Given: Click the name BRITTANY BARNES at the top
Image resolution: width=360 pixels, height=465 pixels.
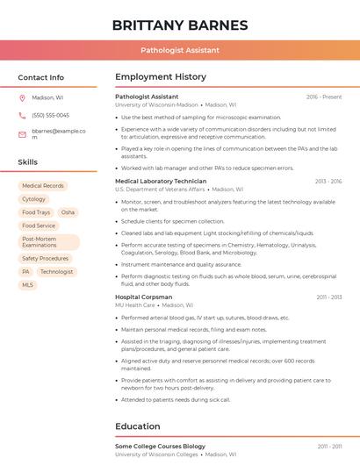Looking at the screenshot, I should point(180,25).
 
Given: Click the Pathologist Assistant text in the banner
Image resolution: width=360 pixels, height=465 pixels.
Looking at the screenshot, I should point(180,50).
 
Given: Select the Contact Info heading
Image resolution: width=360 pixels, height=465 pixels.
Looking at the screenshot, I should point(41,77).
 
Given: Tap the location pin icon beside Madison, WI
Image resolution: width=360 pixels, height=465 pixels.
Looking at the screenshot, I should point(22,98).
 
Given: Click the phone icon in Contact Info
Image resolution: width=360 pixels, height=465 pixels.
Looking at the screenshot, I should point(22,115).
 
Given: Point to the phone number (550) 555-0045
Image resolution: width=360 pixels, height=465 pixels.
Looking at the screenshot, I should point(50,115).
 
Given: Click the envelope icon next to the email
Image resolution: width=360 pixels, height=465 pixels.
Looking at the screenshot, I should point(22,134).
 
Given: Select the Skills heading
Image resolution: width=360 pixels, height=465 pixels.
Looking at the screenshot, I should point(28,162).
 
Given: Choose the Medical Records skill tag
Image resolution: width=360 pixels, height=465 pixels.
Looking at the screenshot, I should point(43,186).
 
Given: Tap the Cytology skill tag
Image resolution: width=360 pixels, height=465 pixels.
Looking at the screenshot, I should point(34,199).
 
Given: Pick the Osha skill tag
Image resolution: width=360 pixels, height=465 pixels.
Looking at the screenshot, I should point(68,212).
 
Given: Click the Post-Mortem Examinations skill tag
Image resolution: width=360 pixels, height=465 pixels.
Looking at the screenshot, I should point(48,242).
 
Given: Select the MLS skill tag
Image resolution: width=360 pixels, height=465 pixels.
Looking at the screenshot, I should point(27,285).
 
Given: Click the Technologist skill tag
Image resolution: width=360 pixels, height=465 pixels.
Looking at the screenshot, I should point(56,272).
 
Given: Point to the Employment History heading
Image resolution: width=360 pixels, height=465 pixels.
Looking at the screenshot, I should point(161,77).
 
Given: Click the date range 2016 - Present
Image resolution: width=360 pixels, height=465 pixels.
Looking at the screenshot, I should point(323,97).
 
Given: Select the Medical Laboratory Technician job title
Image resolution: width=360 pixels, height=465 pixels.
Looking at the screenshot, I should point(161,182).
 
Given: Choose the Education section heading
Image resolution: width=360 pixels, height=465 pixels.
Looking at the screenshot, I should point(138,426).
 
